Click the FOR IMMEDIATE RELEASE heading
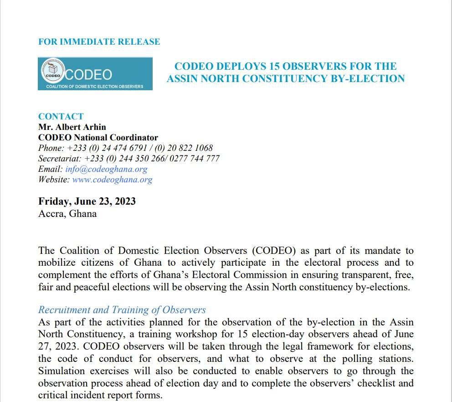click(x=99, y=42)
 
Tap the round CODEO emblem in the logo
click(x=53, y=72)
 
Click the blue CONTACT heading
click(x=61, y=117)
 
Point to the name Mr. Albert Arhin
click(x=72, y=127)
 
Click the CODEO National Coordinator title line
click(x=98, y=138)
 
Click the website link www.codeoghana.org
click(x=112, y=180)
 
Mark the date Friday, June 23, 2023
click(x=87, y=201)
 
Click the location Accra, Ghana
click(x=67, y=213)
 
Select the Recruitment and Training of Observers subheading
click(x=122, y=310)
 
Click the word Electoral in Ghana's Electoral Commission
click(x=215, y=275)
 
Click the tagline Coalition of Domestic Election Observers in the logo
click(x=95, y=87)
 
